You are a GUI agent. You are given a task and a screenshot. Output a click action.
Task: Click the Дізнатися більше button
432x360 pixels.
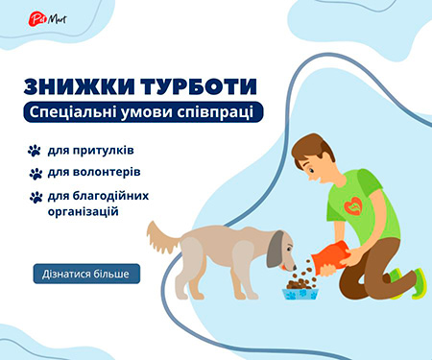(86, 274)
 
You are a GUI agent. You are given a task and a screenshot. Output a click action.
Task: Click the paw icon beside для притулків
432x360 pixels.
(36, 151)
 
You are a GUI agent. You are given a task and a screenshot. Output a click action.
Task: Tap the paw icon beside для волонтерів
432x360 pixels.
(36, 174)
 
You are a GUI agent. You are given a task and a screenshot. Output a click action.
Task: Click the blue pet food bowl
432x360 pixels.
(300, 291)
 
